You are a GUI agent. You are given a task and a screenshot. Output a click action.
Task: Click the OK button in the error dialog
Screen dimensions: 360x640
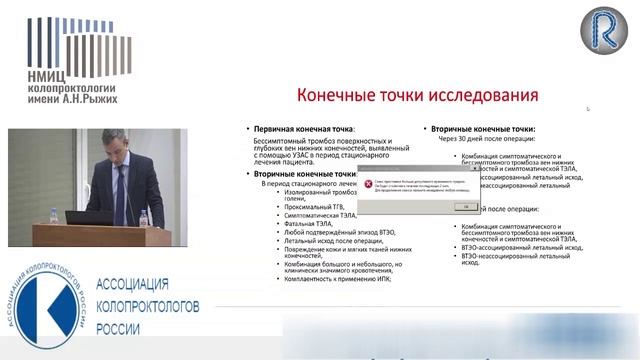(x=466, y=206)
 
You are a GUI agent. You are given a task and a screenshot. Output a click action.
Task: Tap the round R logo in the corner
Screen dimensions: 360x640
(x=603, y=29)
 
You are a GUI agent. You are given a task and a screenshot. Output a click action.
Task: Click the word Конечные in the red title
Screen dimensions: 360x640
(x=336, y=97)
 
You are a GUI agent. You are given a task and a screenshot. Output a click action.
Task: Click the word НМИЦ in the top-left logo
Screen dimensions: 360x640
(x=41, y=73)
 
